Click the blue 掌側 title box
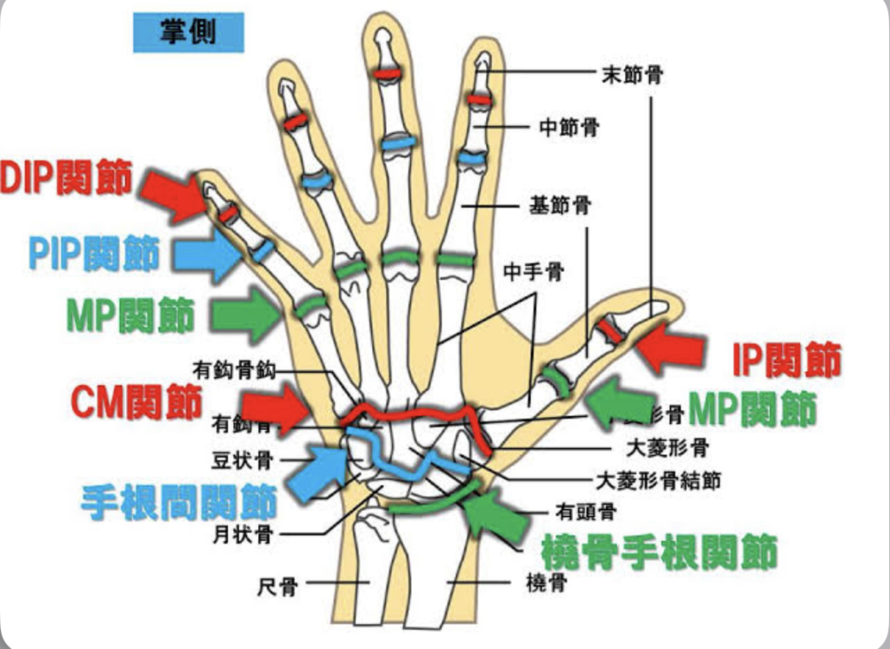coord(188,33)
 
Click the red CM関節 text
coord(136,401)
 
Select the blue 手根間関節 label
coord(178,502)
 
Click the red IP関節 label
coord(787,360)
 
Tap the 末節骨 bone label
coord(632,76)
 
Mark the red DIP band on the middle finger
coord(388,75)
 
